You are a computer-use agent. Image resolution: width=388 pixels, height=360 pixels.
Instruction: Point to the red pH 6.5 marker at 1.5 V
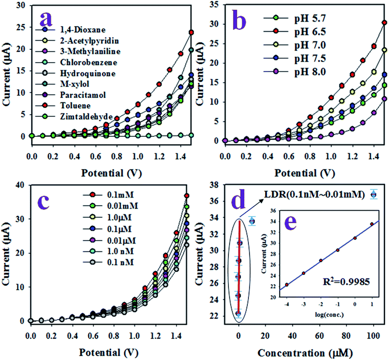click(x=384, y=22)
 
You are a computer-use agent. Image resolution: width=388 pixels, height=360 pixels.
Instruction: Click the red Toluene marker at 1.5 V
click(x=191, y=32)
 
